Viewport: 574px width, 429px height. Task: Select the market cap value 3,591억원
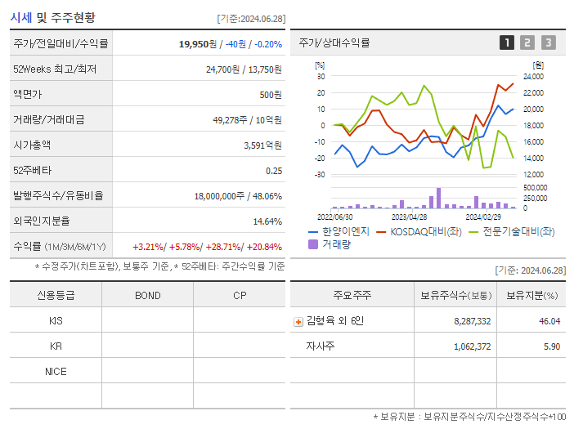click(262, 145)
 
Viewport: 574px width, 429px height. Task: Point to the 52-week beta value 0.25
click(274, 170)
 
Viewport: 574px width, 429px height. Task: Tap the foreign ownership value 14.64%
click(267, 221)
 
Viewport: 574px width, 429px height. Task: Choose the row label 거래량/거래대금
click(48, 119)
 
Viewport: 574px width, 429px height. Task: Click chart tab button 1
click(507, 42)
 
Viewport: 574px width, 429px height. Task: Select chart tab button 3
click(548, 42)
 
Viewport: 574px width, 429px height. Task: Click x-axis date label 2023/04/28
click(409, 217)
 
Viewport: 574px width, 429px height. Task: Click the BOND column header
click(147, 295)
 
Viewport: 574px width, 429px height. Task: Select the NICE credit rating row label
click(56, 371)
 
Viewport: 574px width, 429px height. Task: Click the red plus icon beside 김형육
click(298, 321)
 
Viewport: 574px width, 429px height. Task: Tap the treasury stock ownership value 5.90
click(552, 346)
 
